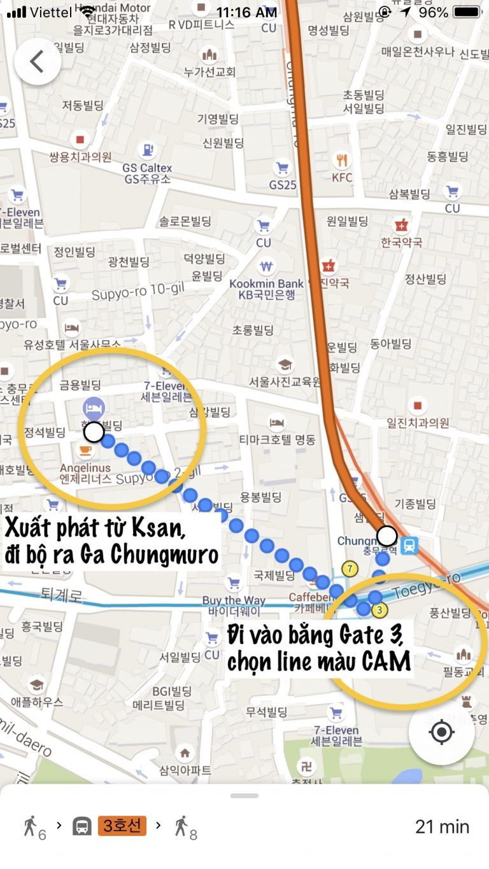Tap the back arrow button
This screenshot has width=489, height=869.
click(38, 62)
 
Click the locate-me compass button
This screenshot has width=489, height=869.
click(441, 732)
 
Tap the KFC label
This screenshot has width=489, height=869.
click(342, 178)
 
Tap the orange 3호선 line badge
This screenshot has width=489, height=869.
click(122, 826)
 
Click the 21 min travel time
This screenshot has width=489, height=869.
click(442, 826)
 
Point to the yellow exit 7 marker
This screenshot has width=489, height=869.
click(349, 569)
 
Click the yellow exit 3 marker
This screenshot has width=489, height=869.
click(379, 610)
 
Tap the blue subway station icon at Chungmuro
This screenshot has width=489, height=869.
click(409, 545)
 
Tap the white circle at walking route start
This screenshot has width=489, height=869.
click(94, 432)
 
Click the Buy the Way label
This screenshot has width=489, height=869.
click(234, 600)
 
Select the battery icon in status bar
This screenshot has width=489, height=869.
click(467, 12)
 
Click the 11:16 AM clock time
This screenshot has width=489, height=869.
click(246, 12)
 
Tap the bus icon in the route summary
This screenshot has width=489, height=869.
click(81, 826)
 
